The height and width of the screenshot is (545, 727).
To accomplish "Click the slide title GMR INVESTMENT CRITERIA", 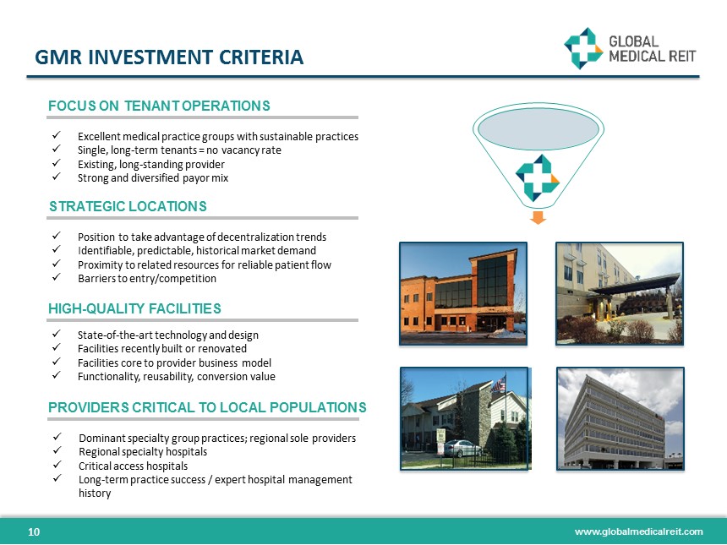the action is (169, 57).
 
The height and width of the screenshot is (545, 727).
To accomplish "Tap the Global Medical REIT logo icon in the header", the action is (582, 48).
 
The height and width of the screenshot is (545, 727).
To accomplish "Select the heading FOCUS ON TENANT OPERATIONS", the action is (159, 106).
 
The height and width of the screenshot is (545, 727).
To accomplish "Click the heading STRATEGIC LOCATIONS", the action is (128, 206).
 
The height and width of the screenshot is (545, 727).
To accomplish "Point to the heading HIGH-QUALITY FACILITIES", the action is (134, 308).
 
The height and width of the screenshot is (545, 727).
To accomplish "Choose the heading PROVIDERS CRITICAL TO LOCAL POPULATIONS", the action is (207, 407).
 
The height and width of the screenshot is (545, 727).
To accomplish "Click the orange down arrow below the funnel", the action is (538, 217).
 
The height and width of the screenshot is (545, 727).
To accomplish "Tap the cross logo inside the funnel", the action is (538, 178).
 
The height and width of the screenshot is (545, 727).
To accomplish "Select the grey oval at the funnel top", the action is (538, 128).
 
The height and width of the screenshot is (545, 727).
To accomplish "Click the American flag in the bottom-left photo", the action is (499, 384).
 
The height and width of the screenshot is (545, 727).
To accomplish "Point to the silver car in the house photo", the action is (462, 448).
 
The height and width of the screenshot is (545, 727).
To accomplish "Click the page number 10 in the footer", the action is (34, 531).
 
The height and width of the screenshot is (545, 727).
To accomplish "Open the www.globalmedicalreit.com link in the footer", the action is (639, 531).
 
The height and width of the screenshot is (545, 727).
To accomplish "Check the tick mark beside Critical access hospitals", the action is (57, 464).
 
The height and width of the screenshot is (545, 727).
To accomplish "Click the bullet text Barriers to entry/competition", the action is (147, 279).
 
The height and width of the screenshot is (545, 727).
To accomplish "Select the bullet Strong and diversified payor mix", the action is (153, 178).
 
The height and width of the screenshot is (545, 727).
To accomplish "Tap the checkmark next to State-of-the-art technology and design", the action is (57, 333).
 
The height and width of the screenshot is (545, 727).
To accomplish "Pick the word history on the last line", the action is (95, 493).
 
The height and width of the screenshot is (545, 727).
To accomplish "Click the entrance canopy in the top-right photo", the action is (635, 284).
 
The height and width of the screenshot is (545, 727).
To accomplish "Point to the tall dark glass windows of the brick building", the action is (492, 281).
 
